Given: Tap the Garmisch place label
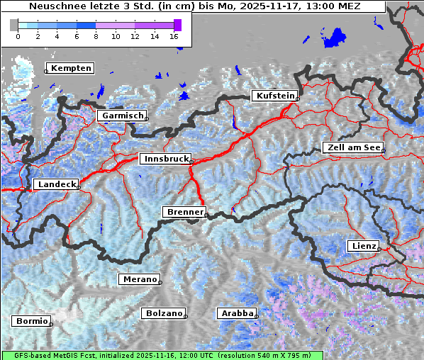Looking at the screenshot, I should tap(123, 116).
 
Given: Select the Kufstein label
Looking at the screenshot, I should tap(274, 96).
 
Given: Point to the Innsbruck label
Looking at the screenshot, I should tap(164, 159).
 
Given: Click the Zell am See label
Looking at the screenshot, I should tap(352, 147).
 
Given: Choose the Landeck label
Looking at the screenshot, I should tap(55, 184).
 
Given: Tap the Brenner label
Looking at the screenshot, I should tap(184, 212).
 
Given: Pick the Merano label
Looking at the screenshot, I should tap(139, 279).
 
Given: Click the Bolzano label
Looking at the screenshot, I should tap(164, 313).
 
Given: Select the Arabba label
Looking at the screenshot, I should tap(236, 313).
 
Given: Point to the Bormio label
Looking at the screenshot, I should tap(31, 321).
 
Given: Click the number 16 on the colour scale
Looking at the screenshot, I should tap(174, 36).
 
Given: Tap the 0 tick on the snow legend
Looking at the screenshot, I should tap(18, 36).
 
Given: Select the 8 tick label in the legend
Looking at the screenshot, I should tap(96, 36).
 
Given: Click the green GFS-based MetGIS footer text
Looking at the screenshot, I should tap(162, 355).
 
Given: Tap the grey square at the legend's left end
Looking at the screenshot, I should tap(13, 25).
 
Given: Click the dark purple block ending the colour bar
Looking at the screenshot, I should tap(177, 25).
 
